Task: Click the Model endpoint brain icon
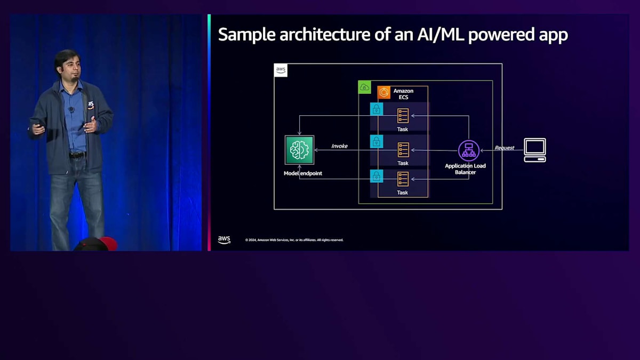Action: tap(299, 150)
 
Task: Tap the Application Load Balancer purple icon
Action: tap(469, 150)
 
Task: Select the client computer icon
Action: tap(534, 150)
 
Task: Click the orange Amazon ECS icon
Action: tap(384, 93)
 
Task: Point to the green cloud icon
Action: tap(365, 87)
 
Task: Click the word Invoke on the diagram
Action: tap(339, 146)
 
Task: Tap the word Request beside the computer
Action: tap(504, 148)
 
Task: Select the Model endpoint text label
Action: tap(302, 173)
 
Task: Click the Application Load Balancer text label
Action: tap(465, 169)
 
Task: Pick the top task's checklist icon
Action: tap(403, 116)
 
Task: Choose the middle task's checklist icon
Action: tap(403, 150)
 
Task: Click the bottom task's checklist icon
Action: tap(403, 179)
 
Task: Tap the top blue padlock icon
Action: tap(377, 109)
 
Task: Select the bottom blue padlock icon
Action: tap(377, 176)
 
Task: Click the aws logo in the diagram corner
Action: tap(281, 70)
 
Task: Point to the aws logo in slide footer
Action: tap(224, 240)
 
